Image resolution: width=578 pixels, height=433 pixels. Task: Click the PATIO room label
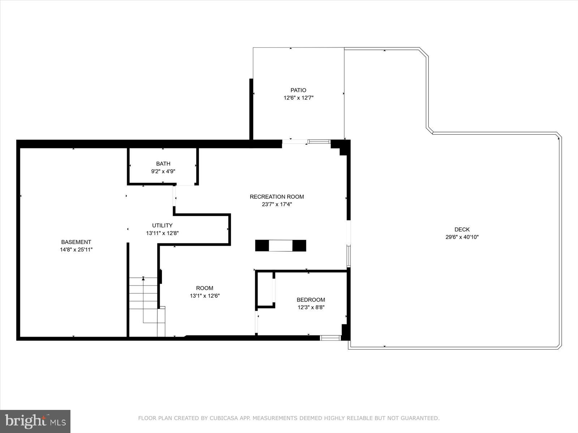(x=298, y=90)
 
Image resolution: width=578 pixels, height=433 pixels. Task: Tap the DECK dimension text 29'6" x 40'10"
(x=462, y=237)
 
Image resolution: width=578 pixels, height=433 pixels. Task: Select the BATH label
(x=163, y=164)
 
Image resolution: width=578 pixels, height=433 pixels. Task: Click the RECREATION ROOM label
(x=277, y=197)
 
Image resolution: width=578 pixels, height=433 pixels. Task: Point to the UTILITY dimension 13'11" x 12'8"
(x=162, y=233)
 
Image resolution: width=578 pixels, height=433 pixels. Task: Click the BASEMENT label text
(x=76, y=242)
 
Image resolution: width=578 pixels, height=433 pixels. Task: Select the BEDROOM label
(x=311, y=300)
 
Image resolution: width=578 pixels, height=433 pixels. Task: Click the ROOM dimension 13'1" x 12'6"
(x=204, y=296)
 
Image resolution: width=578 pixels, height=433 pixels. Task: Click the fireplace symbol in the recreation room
(x=280, y=246)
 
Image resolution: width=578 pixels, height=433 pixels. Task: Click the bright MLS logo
(x=35, y=421)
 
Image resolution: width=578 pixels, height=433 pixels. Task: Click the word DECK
(x=462, y=229)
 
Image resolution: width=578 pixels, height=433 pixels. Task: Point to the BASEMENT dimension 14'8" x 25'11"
(x=76, y=250)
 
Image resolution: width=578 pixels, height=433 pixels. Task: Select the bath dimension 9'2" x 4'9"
(x=163, y=171)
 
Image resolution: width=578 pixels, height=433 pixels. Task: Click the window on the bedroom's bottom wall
(x=331, y=338)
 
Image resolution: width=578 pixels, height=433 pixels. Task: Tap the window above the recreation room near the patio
(x=319, y=141)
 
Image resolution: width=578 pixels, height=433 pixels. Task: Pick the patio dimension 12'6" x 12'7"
(x=298, y=98)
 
